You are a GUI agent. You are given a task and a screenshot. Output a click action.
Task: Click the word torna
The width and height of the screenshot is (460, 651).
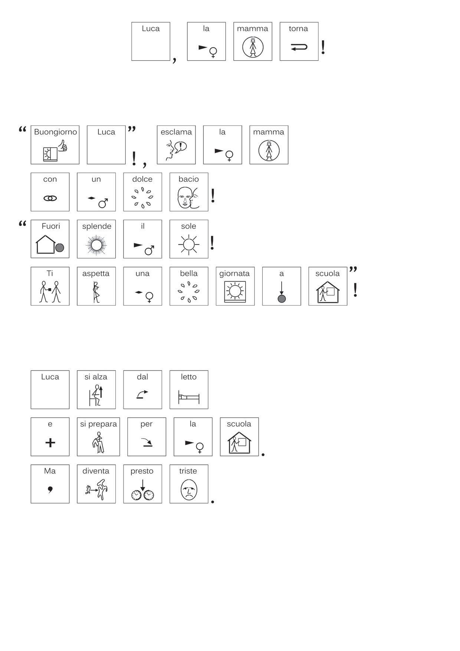298,29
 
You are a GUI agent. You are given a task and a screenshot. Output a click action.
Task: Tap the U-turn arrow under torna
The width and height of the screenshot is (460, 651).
299,47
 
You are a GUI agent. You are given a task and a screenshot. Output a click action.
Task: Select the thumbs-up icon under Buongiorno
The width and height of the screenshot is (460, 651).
63,145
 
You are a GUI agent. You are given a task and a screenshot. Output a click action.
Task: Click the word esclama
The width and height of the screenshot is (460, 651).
176,132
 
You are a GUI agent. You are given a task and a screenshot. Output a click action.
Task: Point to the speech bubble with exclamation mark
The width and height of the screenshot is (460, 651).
181,146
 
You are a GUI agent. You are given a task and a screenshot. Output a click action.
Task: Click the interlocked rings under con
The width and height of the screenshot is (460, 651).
50,198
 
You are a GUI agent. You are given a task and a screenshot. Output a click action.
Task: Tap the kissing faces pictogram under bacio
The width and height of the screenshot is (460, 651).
188,197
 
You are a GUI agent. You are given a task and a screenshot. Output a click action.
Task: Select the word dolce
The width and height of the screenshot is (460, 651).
142,179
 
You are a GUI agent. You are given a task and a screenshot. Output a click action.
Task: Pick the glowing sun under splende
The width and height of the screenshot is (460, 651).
96,245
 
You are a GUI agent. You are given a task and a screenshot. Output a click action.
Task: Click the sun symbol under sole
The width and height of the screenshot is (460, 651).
189,244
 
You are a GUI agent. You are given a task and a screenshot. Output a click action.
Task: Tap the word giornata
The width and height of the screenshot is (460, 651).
234,274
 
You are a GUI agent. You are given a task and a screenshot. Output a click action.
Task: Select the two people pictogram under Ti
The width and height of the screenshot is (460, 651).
50,292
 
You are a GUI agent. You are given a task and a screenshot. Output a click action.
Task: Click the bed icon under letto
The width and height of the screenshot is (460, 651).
189,397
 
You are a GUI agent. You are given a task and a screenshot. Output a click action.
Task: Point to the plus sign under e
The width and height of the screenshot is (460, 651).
50,442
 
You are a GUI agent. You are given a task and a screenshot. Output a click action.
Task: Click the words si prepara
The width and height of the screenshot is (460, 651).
98,424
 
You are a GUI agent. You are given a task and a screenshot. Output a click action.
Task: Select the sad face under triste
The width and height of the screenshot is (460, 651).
189,490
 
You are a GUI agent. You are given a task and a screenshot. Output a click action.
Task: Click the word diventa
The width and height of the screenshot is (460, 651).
96,471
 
